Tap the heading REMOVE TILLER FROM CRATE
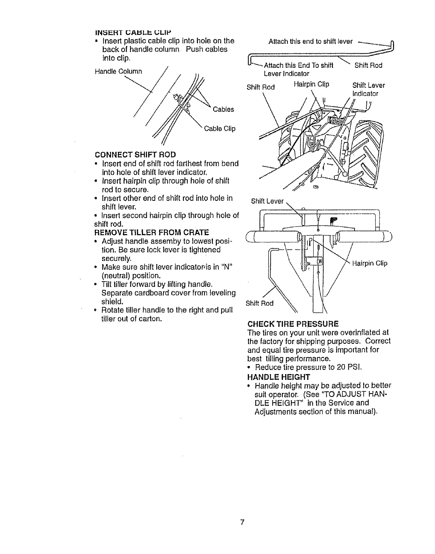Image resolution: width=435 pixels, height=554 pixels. [151, 232]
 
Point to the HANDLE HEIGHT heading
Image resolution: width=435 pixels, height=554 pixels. [278, 377]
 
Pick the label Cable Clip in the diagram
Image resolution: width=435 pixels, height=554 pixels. [220, 129]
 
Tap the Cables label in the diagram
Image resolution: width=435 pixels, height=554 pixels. [223, 109]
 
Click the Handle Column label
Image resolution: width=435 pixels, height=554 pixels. [118, 72]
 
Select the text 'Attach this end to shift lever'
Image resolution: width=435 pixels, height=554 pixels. [311, 41]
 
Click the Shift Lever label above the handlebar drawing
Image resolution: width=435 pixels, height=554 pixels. [267, 201]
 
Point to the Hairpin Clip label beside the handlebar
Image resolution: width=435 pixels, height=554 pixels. [370, 263]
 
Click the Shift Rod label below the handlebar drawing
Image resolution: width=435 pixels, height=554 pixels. [259, 303]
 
